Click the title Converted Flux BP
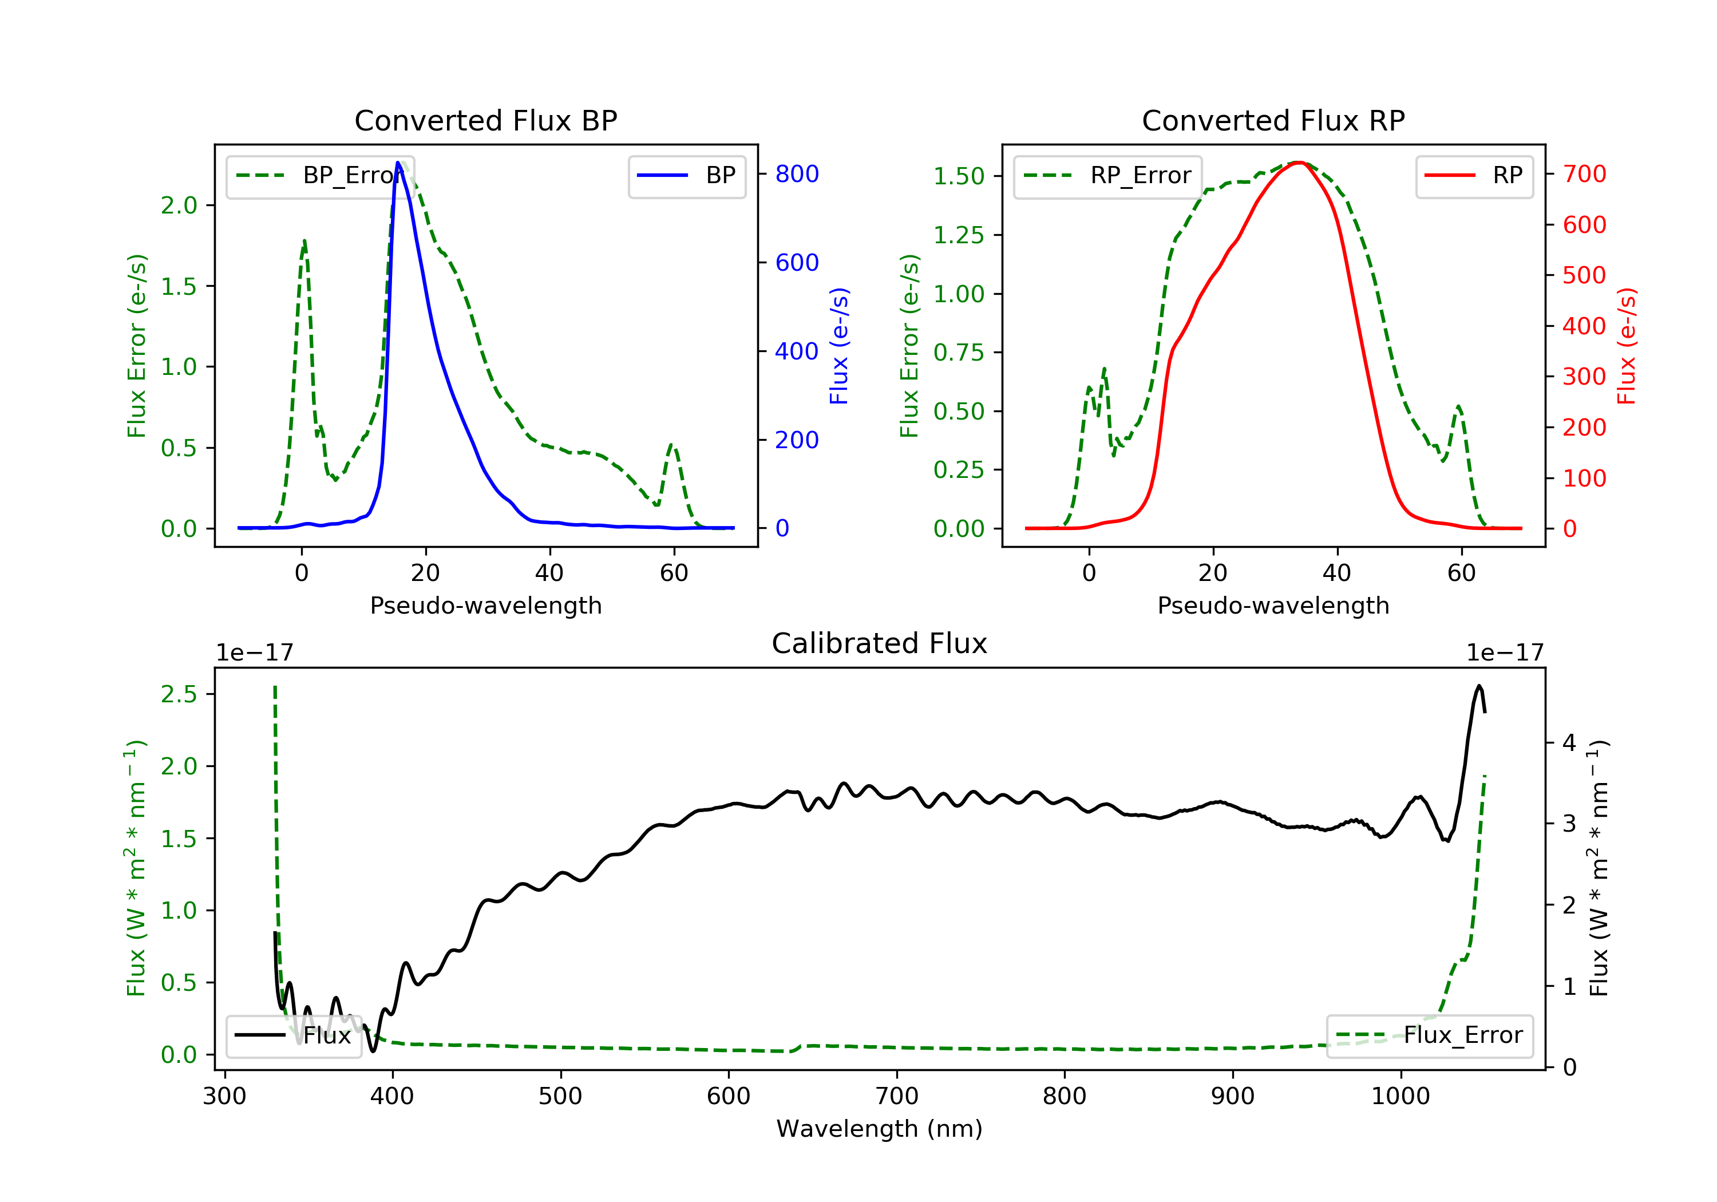point(485,120)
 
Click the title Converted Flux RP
point(1273,120)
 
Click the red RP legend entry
point(1474,176)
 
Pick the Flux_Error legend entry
point(1429,1035)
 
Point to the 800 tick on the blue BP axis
point(797,174)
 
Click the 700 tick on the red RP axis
point(1584,174)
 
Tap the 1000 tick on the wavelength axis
point(1400,1097)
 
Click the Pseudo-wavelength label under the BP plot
point(485,605)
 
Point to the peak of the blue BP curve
point(398,163)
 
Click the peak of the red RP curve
point(1299,163)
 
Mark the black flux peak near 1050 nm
point(1478,686)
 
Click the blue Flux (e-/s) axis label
point(839,346)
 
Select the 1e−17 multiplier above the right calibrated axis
point(1504,653)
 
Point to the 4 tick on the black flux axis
point(1568,743)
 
